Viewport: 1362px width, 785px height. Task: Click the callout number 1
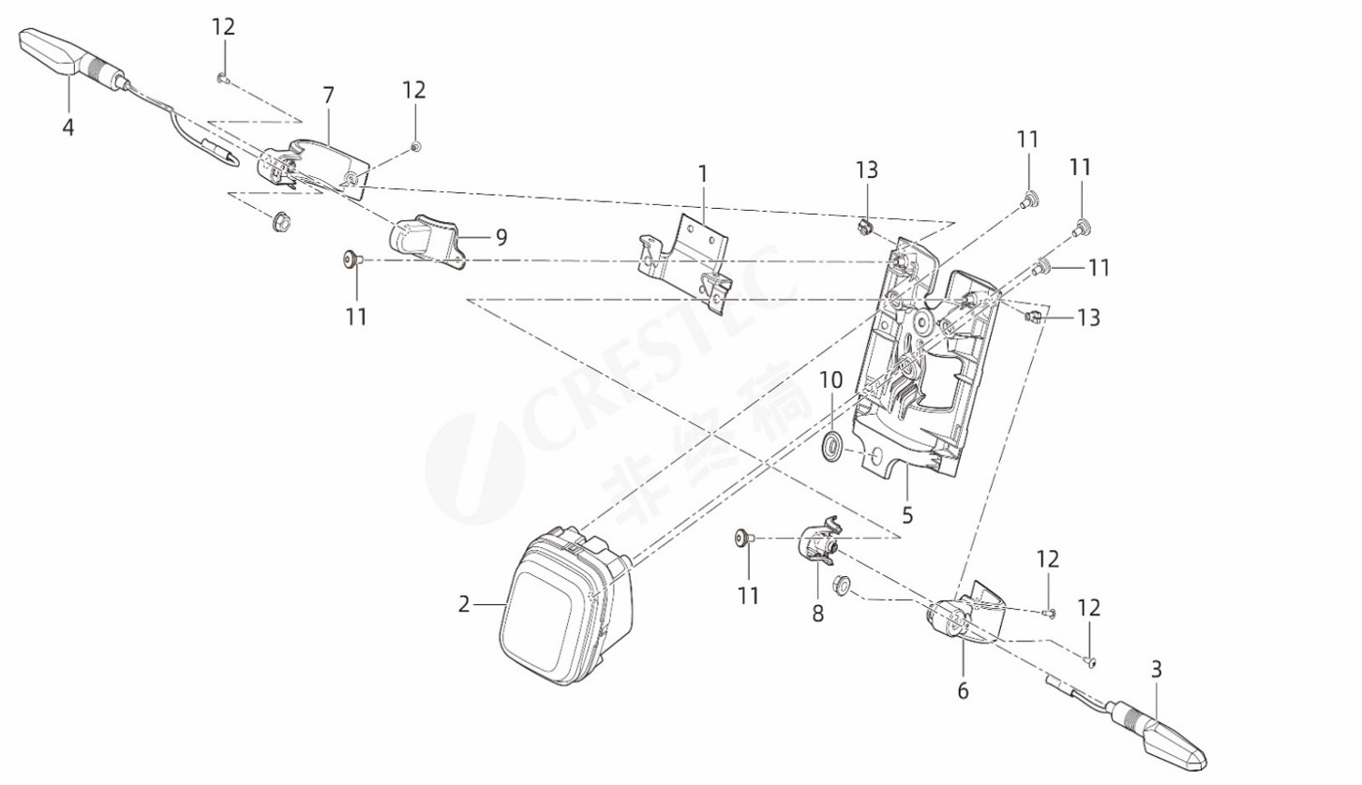point(702,173)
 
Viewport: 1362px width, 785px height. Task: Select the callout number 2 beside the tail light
point(463,604)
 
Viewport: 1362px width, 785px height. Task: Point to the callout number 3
point(1156,669)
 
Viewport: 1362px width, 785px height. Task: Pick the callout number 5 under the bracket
point(906,514)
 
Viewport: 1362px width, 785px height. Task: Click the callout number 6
point(963,691)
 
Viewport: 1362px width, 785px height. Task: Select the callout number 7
point(328,95)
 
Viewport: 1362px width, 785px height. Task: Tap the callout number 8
point(817,614)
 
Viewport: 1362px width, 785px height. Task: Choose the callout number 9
point(501,237)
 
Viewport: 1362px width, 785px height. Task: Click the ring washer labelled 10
point(831,447)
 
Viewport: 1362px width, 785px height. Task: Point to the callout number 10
point(831,380)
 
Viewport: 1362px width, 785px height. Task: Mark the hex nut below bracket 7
point(279,223)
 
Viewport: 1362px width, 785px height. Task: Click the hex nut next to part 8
point(842,585)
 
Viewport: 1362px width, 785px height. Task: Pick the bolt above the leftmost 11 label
point(352,259)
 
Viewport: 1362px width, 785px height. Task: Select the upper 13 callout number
point(866,170)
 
